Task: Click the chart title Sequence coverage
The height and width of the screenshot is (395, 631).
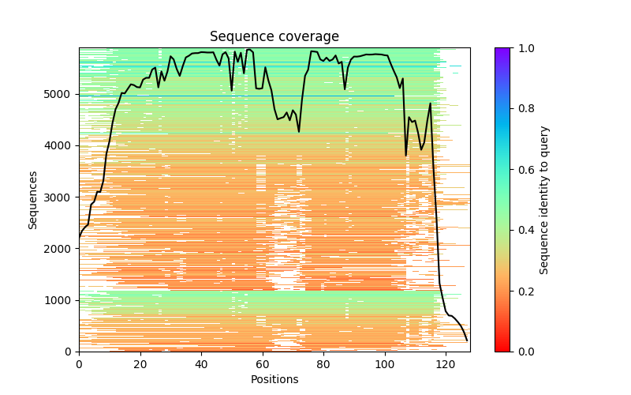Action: coord(274,37)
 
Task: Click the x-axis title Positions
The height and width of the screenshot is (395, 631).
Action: coord(274,379)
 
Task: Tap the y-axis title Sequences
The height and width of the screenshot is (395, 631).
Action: coord(33,199)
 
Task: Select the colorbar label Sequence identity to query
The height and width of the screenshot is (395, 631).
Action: coord(544,199)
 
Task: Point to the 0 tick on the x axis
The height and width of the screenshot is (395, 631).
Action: coord(79,364)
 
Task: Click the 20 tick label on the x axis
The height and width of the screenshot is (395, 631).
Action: coord(140,364)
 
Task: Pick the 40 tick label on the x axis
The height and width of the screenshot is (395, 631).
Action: coord(201,364)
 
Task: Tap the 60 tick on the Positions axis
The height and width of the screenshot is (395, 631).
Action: coord(263,364)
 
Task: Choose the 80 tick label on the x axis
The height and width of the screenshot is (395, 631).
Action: coord(323,364)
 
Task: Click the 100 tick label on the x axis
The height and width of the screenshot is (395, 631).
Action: coord(385,364)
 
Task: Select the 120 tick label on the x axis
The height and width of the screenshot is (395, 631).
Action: coord(446,364)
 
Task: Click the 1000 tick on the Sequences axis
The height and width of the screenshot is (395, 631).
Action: coord(61,300)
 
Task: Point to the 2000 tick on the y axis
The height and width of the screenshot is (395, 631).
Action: coord(61,249)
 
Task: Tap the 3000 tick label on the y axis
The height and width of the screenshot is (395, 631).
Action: coord(61,197)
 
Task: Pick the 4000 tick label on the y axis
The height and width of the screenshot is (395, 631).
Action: coord(61,145)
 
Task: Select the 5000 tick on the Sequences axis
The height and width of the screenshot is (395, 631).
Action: coord(61,94)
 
